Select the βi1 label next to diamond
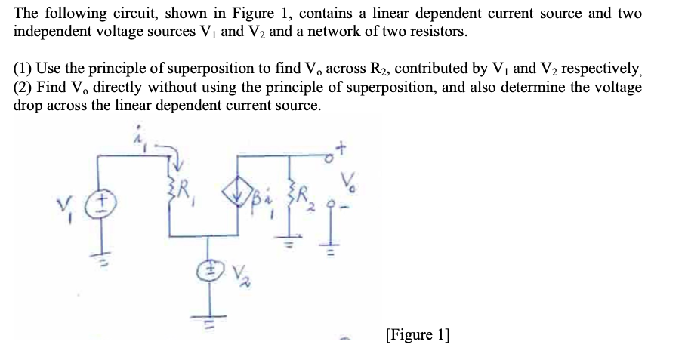(265, 205)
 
